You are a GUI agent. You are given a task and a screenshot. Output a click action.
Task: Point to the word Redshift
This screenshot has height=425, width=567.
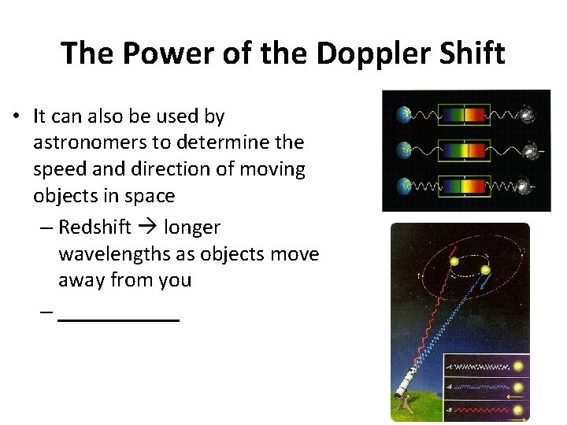pos(95,227)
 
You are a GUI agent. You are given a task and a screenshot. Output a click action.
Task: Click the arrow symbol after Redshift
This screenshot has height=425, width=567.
pos(148,228)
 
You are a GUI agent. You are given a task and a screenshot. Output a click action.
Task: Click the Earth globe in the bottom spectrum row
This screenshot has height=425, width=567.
pos(404,187)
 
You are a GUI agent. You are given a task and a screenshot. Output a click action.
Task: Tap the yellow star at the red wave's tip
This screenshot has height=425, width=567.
pos(452,261)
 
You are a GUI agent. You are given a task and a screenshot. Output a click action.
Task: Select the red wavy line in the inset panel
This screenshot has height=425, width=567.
pos(477,411)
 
